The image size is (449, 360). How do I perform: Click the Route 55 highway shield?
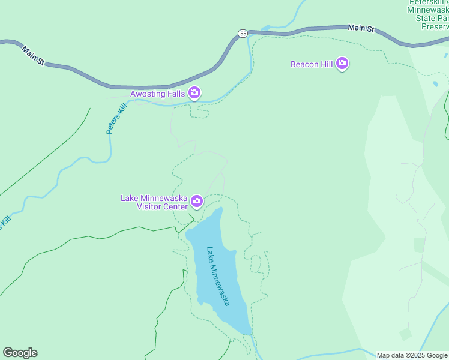point(243,34)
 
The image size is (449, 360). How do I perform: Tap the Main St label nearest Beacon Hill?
point(361,28)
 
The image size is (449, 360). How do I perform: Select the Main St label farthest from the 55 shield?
point(34,55)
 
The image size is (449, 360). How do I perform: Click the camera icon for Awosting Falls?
point(194,92)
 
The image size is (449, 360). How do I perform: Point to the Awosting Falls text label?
point(158,94)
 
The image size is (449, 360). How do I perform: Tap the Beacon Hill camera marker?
point(342,64)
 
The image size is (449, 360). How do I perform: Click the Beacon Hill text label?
point(311,64)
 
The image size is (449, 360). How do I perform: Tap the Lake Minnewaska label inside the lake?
point(218,275)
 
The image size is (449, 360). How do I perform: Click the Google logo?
point(20,353)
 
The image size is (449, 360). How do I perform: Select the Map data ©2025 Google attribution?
point(412,355)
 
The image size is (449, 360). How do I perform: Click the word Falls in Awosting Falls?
point(175,94)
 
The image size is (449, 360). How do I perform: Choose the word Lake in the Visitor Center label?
point(130,198)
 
